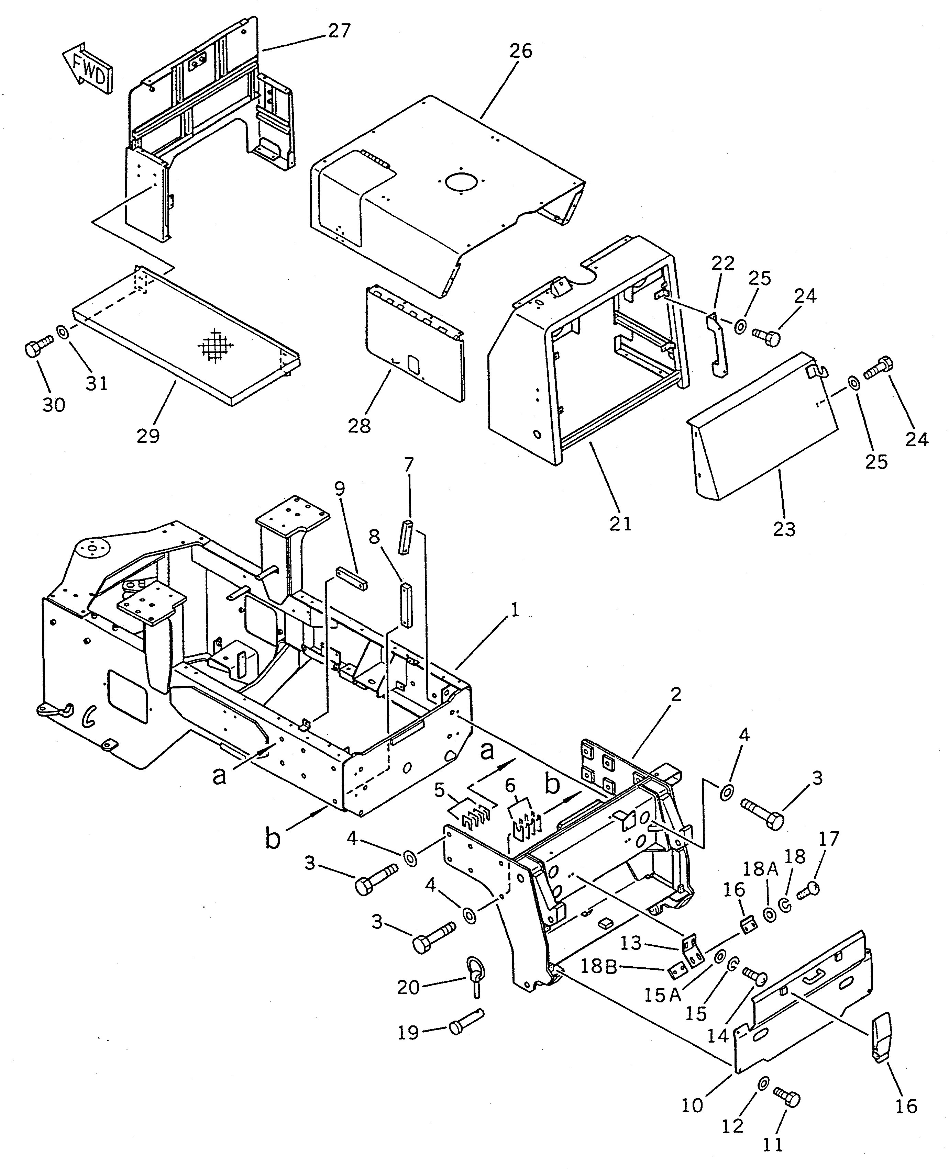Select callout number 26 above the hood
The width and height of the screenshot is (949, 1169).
pyautogui.click(x=520, y=51)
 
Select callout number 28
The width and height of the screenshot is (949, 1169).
pyautogui.click(x=359, y=426)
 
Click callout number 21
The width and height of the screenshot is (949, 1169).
pyautogui.click(x=620, y=523)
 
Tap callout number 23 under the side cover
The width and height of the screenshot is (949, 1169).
pyautogui.click(x=784, y=529)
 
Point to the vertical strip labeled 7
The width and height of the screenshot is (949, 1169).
pyautogui.click(x=406, y=538)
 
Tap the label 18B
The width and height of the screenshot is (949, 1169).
pyautogui.click(x=599, y=967)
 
